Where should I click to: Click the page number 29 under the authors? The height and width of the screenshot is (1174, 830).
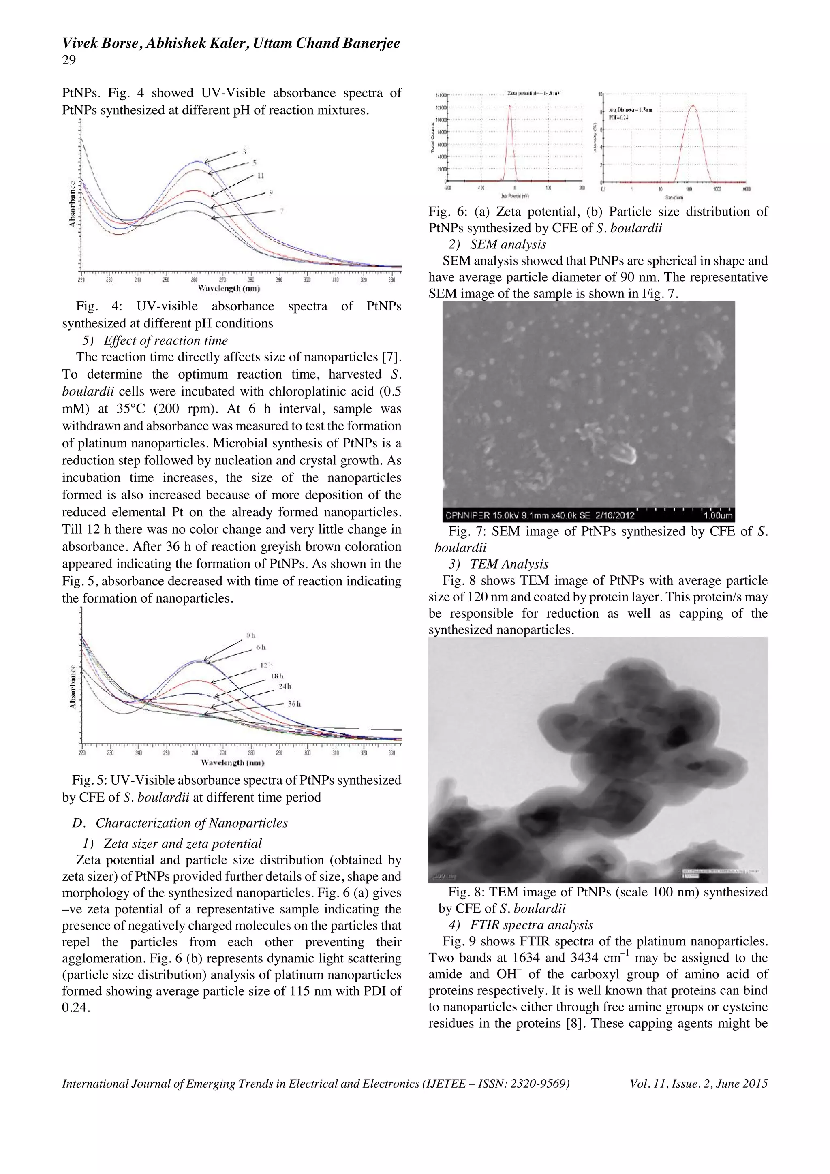[69, 60]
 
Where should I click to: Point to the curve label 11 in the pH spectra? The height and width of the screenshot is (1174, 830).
[260, 176]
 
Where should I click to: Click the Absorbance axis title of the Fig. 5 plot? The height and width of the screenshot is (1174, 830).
[73, 687]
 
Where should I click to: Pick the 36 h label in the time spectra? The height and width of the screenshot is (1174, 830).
[294, 704]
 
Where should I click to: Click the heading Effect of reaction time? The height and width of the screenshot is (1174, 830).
[166, 340]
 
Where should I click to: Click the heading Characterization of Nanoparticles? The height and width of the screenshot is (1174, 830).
[191, 823]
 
